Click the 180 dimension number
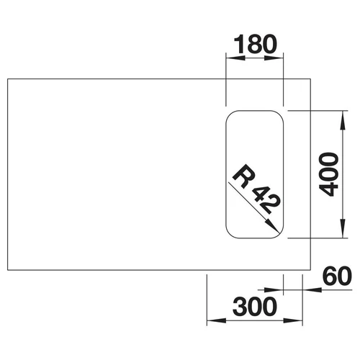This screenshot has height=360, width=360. [255, 44]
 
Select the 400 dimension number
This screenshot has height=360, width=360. [329, 174]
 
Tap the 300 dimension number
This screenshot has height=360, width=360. [255, 306]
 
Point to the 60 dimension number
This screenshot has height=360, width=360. [338, 276]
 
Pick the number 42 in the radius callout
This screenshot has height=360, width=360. [264, 200]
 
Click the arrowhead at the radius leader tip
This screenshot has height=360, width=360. [273, 226]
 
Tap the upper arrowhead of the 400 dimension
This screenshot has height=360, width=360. [343, 121]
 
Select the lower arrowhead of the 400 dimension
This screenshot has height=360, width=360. [343, 228]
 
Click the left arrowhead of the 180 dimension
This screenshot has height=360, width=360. [235, 58]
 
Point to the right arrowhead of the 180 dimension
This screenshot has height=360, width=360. [274, 58]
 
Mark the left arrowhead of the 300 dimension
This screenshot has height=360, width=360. [217, 320]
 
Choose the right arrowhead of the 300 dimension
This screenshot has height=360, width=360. [293, 320]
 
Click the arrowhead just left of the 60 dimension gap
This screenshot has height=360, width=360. [274, 290]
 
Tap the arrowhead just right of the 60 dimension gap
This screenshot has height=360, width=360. [312, 290]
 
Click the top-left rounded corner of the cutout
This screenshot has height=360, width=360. [230, 114]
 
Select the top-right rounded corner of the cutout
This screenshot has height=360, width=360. [279, 114]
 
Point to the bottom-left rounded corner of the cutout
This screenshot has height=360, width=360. [230, 235]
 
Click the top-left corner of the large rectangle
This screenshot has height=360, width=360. [8, 78]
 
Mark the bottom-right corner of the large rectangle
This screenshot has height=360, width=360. [311, 270]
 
